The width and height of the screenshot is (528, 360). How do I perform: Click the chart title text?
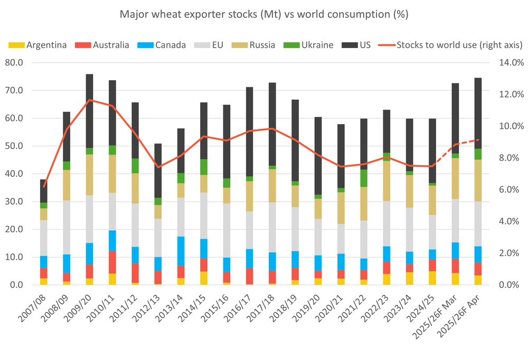point(264,14)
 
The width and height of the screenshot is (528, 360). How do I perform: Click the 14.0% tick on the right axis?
point(509,63)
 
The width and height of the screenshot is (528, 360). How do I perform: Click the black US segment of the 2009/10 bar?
point(89,111)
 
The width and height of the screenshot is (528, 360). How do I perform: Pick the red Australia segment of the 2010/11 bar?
point(112,262)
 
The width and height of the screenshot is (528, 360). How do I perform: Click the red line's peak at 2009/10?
point(89,100)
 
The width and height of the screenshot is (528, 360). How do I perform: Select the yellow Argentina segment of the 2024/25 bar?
point(432,278)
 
